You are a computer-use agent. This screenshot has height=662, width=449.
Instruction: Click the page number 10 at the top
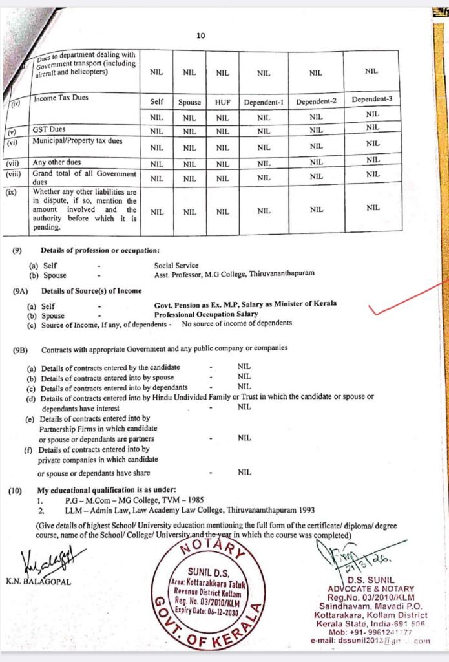point(201,36)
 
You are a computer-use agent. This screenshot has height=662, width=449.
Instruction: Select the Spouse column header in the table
point(189,102)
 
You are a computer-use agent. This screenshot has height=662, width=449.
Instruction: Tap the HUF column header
point(222,102)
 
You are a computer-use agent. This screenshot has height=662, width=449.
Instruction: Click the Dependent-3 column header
point(371,100)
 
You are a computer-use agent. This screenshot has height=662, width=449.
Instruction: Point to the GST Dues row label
point(49,129)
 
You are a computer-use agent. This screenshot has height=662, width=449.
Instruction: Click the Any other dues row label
point(57,162)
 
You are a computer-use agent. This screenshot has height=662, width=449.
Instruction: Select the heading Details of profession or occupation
point(99,250)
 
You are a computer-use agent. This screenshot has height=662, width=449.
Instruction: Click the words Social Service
point(176,265)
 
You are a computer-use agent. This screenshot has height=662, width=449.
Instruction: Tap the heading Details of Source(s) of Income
point(91,291)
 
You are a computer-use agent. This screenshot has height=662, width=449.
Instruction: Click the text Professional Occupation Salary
point(206,314)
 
